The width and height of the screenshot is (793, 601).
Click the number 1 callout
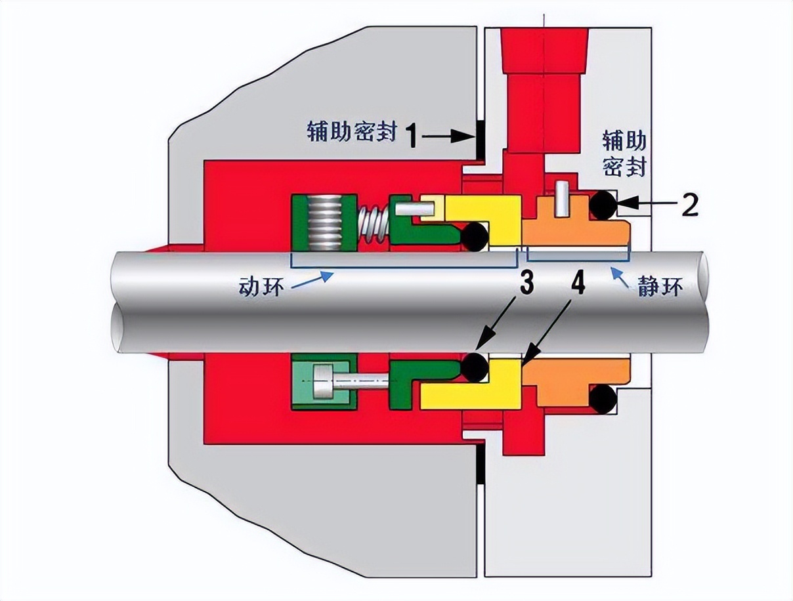(x=412, y=136)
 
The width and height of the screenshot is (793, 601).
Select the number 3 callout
(x=526, y=284)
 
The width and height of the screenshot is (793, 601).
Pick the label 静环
(x=659, y=287)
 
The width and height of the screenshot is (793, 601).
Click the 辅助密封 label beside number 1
(x=352, y=131)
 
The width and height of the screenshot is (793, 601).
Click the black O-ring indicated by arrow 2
(x=603, y=205)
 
